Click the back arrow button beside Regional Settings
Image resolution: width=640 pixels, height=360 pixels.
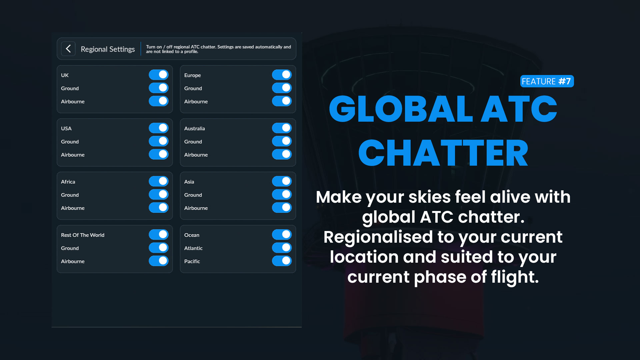(x=68, y=49)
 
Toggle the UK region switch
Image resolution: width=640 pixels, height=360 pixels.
(x=159, y=75)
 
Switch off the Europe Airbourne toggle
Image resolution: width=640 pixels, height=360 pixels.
(x=282, y=101)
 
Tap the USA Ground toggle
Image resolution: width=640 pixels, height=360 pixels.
(x=159, y=141)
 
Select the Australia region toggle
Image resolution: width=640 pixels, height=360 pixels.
(x=282, y=128)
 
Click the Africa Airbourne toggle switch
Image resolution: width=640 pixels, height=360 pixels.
(x=159, y=208)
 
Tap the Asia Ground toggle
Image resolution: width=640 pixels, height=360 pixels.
(x=282, y=194)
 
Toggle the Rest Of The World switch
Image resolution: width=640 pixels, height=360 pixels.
(x=159, y=235)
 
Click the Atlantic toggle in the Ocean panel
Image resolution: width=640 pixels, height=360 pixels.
(x=282, y=248)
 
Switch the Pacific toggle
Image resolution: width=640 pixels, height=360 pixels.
(x=282, y=261)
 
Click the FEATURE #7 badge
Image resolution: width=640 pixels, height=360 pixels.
(x=547, y=81)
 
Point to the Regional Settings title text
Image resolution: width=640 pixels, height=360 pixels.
(x=108, y=49)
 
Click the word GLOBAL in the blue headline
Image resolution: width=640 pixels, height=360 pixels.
(x=401, y=109)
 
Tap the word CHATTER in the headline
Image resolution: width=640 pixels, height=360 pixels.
(x=443, y=153)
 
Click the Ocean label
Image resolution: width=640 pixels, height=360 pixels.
(x=192, y=235)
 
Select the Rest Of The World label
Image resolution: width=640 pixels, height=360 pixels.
(x=83, y=235)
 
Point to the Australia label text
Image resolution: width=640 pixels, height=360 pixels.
(x=195, y=128)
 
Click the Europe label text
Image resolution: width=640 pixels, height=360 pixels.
(x=193, y=75)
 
